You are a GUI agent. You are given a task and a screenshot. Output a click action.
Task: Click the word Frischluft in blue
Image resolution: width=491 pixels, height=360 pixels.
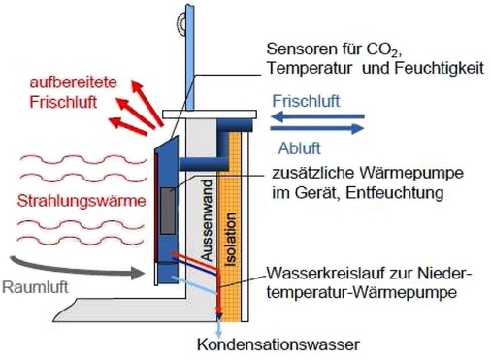point(305,101)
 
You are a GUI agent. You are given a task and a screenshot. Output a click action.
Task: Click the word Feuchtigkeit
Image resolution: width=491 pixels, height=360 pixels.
point(423,67)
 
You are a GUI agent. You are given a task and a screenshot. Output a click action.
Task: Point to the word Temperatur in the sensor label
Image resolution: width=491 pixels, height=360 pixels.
point(310,67)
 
